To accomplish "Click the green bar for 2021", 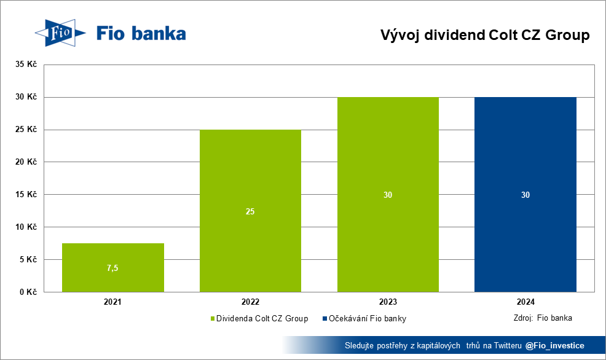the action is [113, 267].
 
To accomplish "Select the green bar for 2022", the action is [250, 211].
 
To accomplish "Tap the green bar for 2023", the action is [388, 195].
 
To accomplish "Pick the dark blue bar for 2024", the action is [525, 195].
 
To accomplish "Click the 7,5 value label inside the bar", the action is [112, 268].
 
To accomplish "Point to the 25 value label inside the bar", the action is [250, 212].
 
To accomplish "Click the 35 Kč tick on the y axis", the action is [26, 64].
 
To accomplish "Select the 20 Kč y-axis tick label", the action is [26, 162].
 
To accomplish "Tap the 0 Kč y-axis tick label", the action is [28, 292].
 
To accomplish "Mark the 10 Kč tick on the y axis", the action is [26, 227].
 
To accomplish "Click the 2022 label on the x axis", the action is [250, 302].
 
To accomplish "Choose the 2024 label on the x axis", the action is [525, 302].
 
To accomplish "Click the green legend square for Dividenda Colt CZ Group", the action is [213, 319].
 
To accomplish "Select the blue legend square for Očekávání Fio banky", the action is [325, 319].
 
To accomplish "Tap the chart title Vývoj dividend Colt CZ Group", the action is [485, 35].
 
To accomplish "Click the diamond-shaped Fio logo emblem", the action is [60, 33].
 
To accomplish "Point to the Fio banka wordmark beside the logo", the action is [141, 34].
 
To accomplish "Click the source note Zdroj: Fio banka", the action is [543, 318].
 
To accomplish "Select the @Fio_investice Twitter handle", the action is [554, 346].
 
